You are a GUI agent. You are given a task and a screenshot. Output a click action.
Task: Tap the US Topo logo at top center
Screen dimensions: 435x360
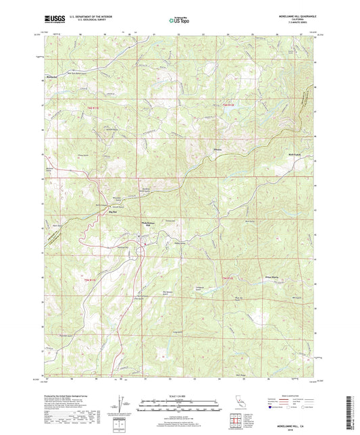tap(179, 20)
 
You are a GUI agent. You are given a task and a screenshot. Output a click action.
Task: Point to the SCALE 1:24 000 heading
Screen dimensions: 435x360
tap(179, 396)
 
